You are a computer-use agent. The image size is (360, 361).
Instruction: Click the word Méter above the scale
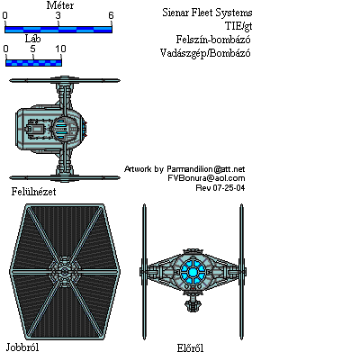point(60,5)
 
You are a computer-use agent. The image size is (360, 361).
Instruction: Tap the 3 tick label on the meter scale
point(58,15)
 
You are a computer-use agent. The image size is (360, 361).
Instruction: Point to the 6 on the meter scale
point(111,15)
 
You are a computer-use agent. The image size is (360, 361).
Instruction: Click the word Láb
point(32,39)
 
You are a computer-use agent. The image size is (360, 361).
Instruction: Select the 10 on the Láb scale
point(60,49)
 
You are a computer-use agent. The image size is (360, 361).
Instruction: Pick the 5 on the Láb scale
point(32,49)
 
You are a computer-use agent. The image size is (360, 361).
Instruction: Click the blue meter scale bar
point(58,30)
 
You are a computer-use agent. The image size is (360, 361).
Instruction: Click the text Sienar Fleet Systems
point(207,13)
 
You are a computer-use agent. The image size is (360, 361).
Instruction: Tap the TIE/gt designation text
point(238,26)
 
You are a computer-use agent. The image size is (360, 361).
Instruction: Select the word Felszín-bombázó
point(213,40)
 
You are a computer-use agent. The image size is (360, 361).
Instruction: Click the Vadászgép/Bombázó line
point(205,53)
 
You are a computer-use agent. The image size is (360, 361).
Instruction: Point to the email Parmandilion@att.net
point(206,169)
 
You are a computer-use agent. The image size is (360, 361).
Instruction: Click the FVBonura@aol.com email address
point(206,178)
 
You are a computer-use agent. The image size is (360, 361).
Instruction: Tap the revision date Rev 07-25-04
point(220,188)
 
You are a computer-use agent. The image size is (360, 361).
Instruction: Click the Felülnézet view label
point(33,192)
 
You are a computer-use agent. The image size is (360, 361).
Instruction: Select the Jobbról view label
point(22,347)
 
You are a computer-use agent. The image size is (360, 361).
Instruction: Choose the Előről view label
point(190,348)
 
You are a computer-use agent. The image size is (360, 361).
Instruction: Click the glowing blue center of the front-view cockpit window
point(193,272)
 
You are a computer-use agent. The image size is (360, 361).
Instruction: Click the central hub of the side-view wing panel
point(64,272)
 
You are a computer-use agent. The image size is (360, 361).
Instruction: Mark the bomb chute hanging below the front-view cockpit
point(193,302)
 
